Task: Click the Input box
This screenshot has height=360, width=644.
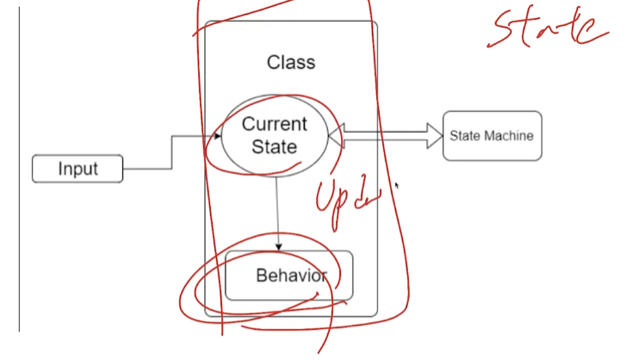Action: [77, 169]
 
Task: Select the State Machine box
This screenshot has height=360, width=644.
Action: [492, 135]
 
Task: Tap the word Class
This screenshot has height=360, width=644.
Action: [291, 62]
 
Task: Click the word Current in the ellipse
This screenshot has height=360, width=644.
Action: [274, 124]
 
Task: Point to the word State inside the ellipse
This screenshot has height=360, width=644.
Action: [274, 146]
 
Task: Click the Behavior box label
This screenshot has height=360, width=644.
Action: [291, 276]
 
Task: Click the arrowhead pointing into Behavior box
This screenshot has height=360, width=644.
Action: [278, 247]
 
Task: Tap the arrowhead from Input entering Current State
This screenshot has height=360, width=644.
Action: [218, 135]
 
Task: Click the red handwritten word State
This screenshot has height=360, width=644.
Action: [547, 28]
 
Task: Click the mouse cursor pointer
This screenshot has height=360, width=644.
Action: [397, 184]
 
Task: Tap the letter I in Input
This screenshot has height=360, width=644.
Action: [61, 169]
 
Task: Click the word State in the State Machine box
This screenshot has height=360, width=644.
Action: [464, 135]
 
